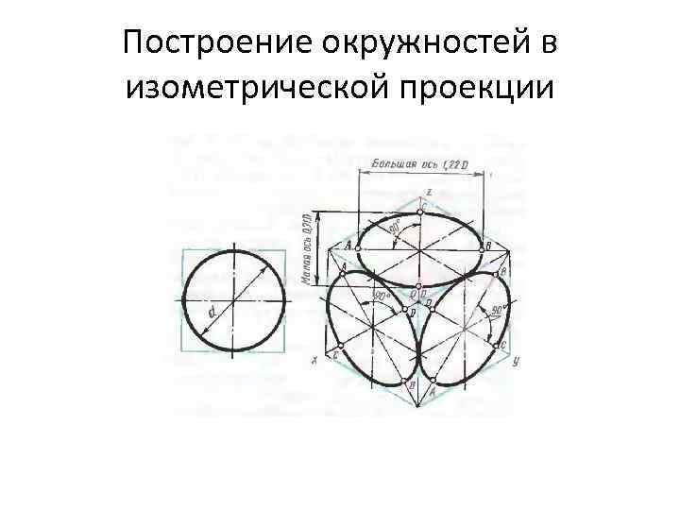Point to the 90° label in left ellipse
pyautogui.click(x=383, y=301)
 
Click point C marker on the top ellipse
pyautogui.click(x=419, y=212)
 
